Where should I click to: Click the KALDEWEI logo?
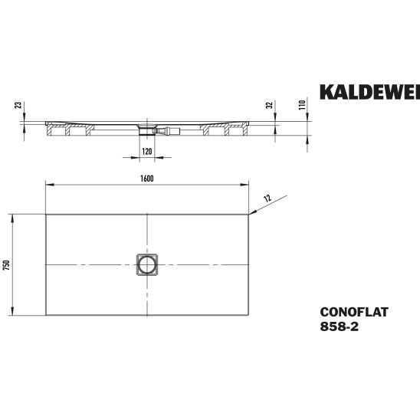click(370, 92)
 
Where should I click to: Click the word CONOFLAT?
click(354, 312)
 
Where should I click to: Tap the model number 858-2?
click(339, 326)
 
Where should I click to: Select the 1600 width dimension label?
click(147, 179)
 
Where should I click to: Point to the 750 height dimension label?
click(7, 264)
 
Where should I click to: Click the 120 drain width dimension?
click(147, 151)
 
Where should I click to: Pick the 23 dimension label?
click(18, 105)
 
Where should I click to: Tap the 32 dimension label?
click(270, 105)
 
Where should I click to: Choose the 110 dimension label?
click(302, 105)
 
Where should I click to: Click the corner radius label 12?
click(267, 199)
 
